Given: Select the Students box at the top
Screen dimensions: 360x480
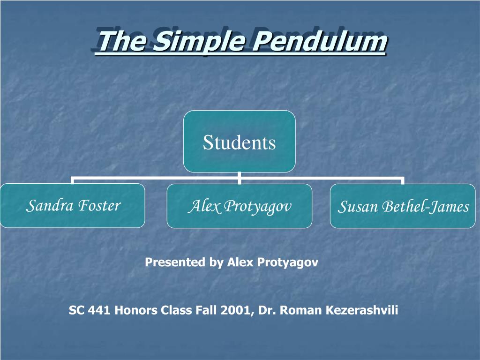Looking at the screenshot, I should tap(239, 142).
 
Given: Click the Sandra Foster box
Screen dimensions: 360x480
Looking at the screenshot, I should tap(73, 206).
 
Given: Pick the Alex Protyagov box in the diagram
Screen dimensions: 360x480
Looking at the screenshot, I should tap(239, 206).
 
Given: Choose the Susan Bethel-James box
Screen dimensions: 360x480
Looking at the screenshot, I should tap(403, 206).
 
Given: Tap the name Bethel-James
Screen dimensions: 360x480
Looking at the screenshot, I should tap(425, 207).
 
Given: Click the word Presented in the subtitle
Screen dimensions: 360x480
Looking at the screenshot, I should tap(176, 262).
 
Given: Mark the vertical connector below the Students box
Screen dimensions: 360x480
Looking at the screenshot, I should tap(239, 175).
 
